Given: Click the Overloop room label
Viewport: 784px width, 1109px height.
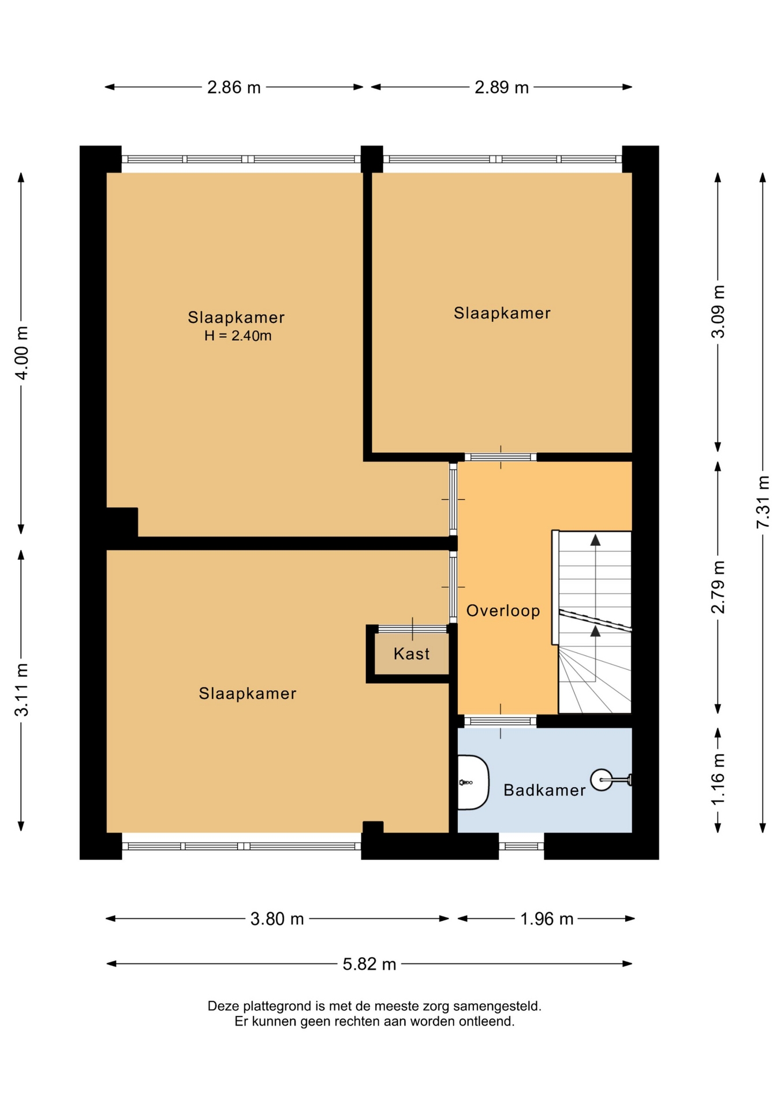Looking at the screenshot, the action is (x=503, y=611).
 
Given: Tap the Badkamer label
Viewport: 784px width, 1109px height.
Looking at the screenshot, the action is (x=544, y=790).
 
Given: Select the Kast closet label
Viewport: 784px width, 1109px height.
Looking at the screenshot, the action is (x=412, y=654).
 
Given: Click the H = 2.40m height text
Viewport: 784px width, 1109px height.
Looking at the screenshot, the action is (x=238, y=336).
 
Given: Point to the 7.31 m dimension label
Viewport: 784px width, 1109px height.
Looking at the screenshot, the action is (x=763, y=501).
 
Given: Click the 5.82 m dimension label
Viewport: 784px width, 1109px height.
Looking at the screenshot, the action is (x=369, y=964).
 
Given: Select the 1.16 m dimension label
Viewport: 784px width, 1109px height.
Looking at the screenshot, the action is (x=718, y=779).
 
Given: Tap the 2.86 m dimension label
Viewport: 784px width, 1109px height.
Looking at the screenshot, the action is (x=234, y=87).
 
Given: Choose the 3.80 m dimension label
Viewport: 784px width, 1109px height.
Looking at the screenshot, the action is (x=277, y=918).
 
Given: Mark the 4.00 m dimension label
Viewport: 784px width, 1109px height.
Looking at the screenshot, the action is (x=21, y=352).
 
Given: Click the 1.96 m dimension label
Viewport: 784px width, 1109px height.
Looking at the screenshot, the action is (x=547, y=918).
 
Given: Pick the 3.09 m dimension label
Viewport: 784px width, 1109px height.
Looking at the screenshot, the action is (x=718, y=312).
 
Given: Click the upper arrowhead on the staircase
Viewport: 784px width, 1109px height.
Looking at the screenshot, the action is (x=595, y=540).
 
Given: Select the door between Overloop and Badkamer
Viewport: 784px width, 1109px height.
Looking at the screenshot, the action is (x=501, y=721).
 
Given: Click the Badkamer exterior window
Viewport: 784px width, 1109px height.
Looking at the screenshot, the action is (x=521, y=846).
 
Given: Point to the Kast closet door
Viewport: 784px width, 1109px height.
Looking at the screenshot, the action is (x=412, y=629).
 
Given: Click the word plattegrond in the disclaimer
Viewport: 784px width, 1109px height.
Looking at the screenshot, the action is (x=280, y=1006).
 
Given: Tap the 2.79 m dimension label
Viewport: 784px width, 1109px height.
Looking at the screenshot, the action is (x=718, y=587).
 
